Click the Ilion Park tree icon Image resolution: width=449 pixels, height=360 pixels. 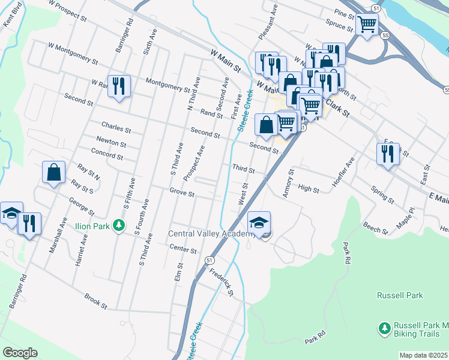pyautogui.click(x=119, y=225)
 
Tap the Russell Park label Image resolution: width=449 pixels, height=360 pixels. pyautogui.click(x=400, y=295)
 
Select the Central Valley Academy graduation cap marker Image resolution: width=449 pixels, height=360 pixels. pyautogui.click(x=259, y=222)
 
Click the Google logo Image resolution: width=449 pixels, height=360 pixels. pyautogui.click(x=20, y=353)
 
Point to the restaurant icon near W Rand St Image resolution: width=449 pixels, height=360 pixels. pyautogui.click(x=118, y=86)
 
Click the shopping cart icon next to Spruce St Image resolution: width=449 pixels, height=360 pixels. pyautogui.click(x=366, y=25)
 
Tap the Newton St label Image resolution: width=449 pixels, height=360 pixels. pyautogui.click(x=113, y=144)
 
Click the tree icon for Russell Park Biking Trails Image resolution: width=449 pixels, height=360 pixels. pyautogui.click(x=384, y=328)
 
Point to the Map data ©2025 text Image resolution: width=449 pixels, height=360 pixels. pyautogui.click(x=423, y=355)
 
